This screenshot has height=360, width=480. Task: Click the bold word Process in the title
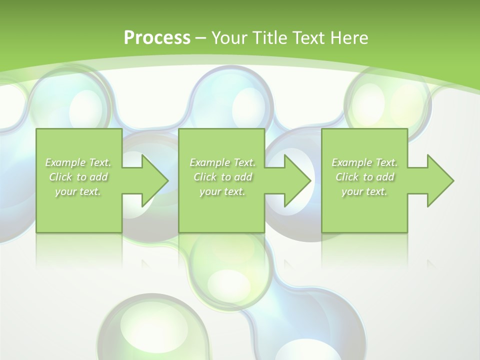[x=157, y=37]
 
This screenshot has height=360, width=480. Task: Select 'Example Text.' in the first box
[x=78, y=162]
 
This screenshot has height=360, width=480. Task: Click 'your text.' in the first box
[x=78, y=191]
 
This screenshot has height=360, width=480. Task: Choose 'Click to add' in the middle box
[x=222, y=177]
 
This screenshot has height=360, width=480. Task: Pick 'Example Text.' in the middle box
[x=222, y=162]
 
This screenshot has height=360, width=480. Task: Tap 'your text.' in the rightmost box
[x=364, y=191]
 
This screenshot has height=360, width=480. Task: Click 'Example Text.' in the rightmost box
[x=364, y=162]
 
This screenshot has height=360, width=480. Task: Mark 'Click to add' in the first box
[x=78, y=177]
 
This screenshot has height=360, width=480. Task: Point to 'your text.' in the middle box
[x=222, y=191]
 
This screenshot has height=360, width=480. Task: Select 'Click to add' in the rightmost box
[x=364, y=177]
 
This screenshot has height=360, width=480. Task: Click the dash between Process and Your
[x=200, y=38]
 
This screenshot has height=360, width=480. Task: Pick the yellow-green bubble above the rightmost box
[x=387, y=100]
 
